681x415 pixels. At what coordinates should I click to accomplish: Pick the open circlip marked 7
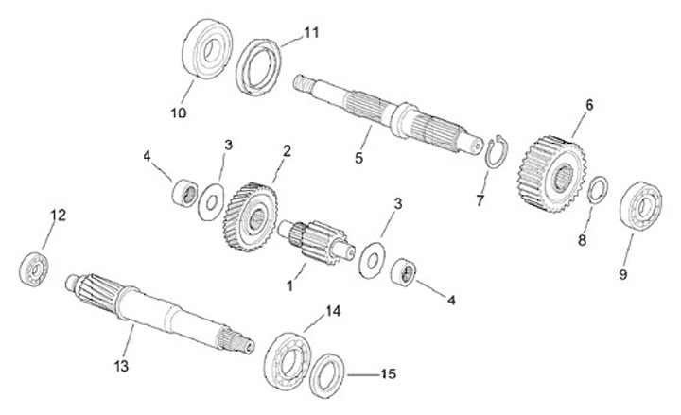(x=497, y=155)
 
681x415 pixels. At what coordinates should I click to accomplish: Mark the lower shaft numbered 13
(x=161, y=307)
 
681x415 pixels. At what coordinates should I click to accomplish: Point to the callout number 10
(x=179, y=112)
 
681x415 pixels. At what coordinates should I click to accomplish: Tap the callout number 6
(x=588, y=105)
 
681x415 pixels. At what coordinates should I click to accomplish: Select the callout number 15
(x=387, y=374)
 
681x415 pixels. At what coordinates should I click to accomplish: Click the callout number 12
(x=58, y=216)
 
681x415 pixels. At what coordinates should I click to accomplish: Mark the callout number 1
(x=290, y=283)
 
